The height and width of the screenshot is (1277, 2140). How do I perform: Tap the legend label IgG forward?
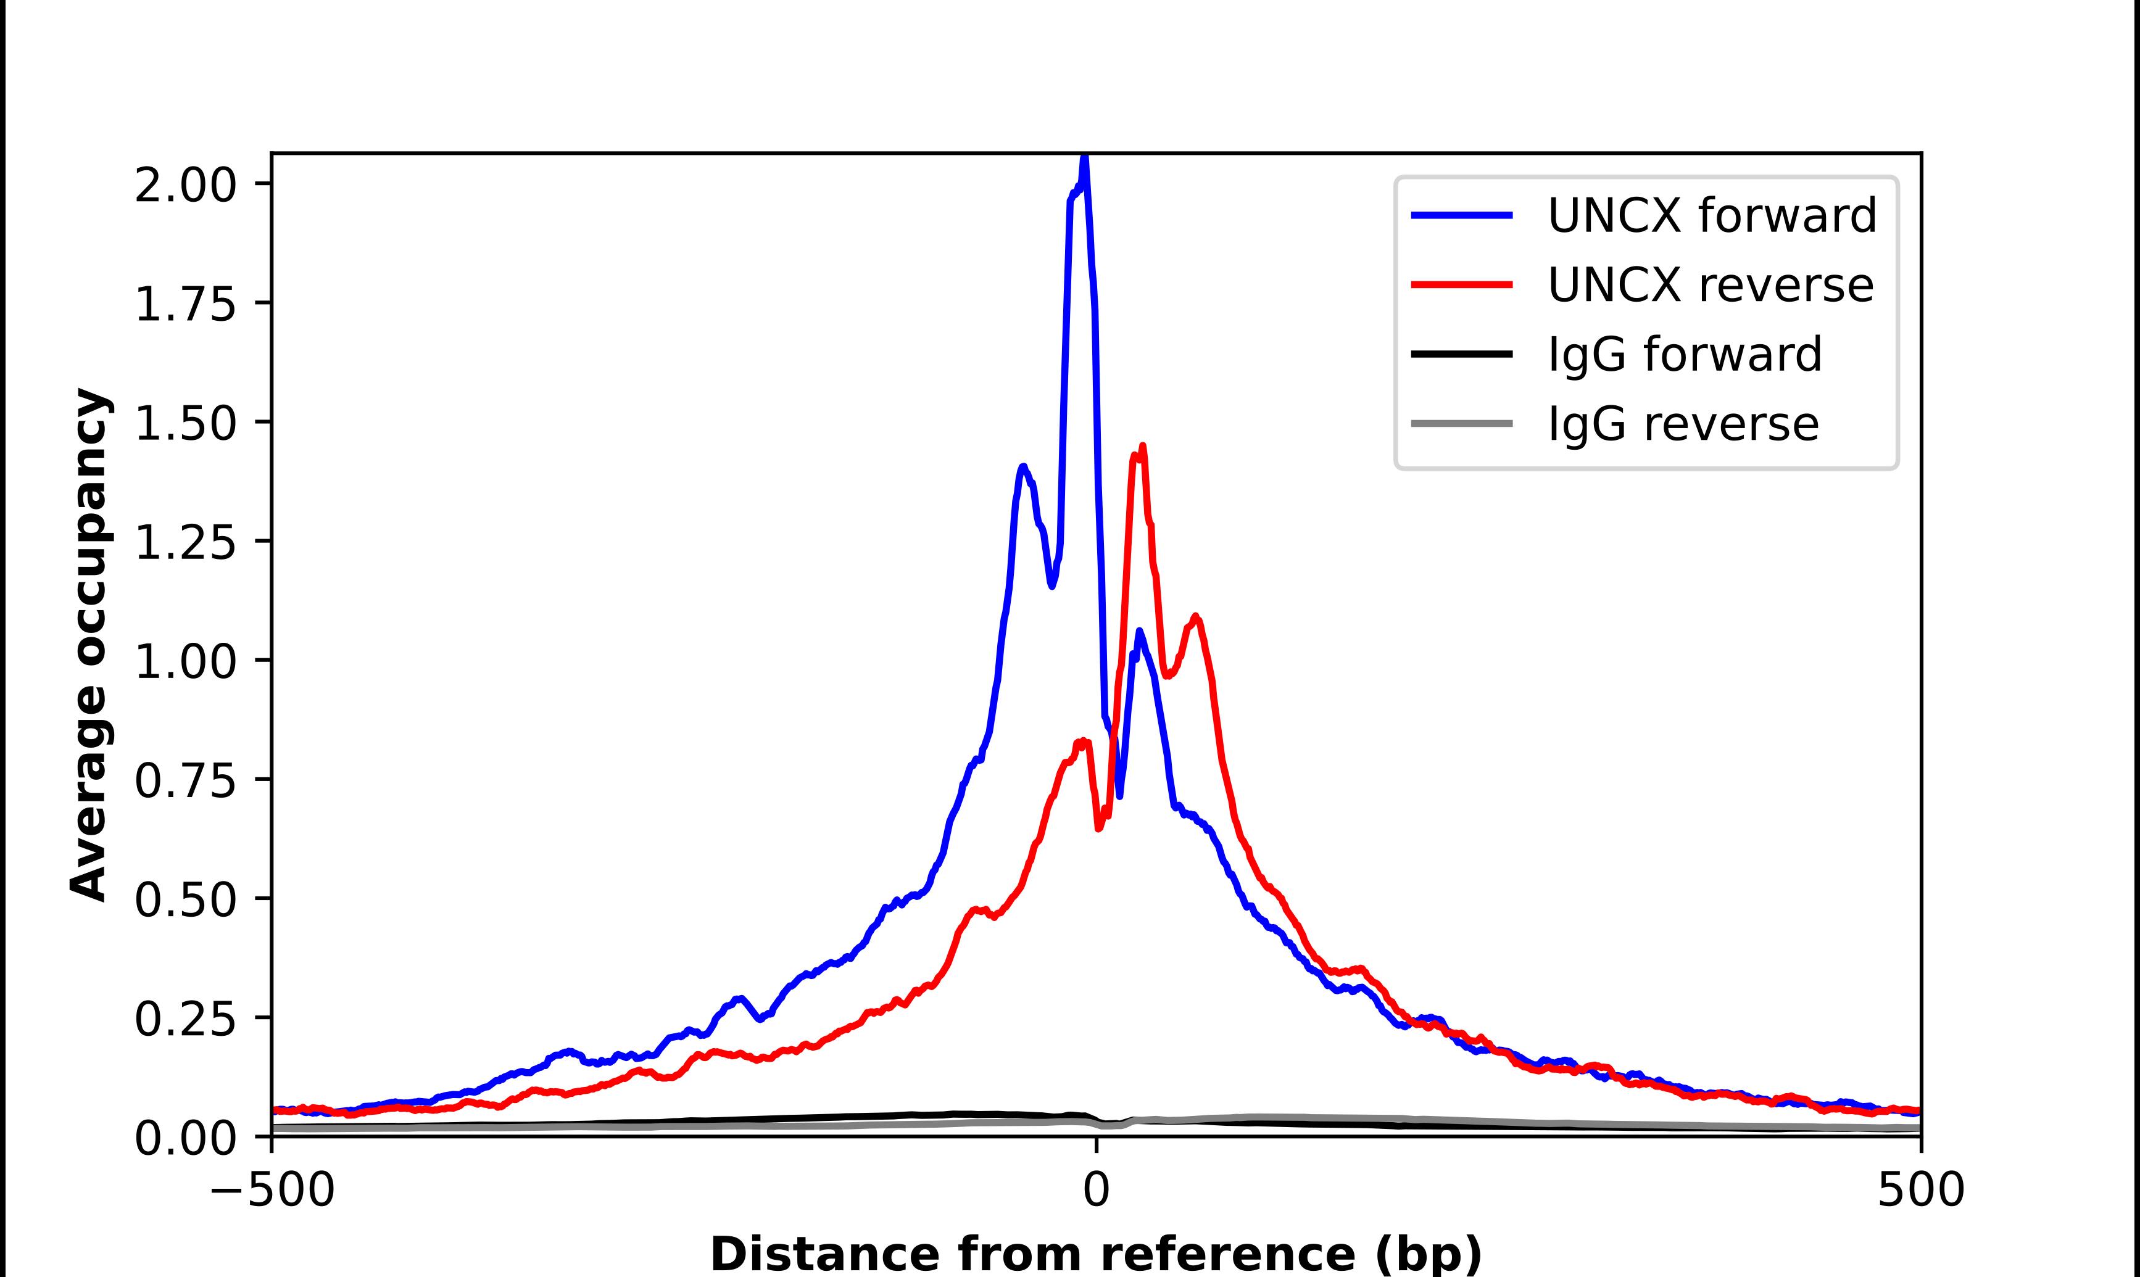point(1684,355)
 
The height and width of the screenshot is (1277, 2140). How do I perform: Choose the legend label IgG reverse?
point(1682,424)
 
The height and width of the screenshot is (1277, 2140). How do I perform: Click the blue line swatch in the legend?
point(1461,215)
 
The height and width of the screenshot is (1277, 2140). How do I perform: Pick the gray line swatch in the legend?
point(1461,423)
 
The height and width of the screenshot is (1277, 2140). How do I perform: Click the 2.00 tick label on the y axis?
point(185,185)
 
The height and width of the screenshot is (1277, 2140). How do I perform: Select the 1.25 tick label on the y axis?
point(185,542)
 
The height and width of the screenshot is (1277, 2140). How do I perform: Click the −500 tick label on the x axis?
point(272,1191)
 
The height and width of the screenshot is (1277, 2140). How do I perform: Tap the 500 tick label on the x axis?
point(1920,1191)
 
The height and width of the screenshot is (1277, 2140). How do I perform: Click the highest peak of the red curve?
point(1142,447)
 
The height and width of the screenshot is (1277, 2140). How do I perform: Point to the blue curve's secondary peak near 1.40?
point(1023,467)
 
